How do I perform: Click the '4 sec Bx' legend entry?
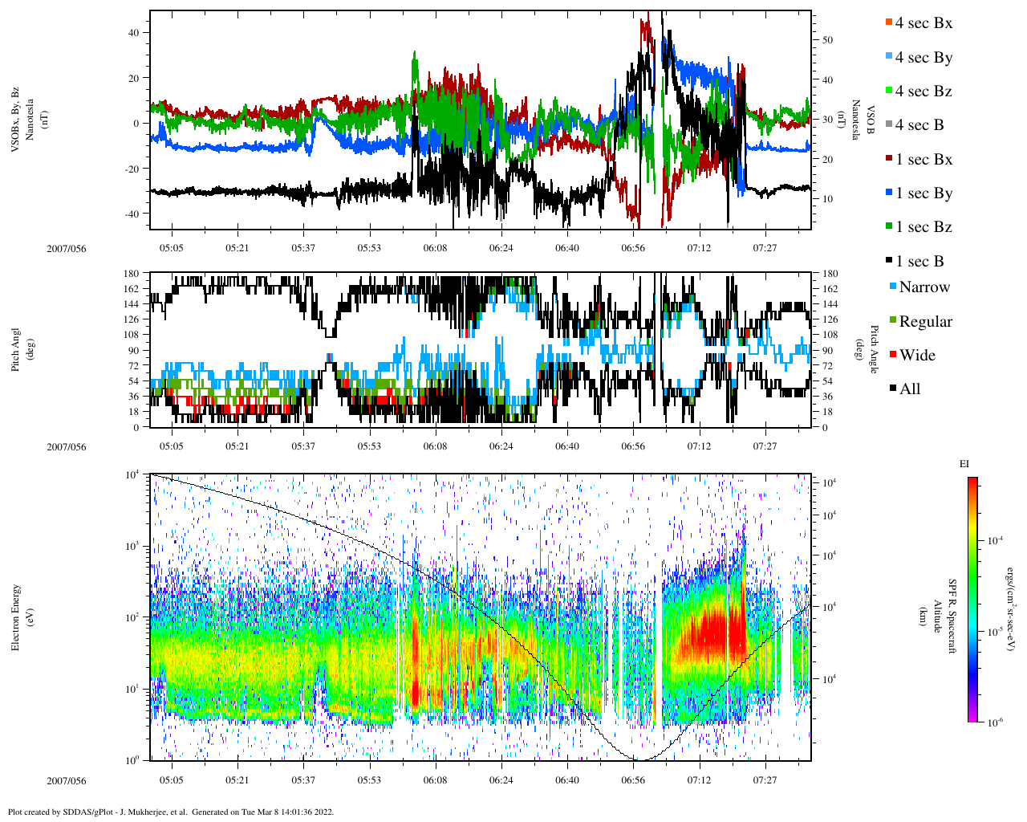coord(923,23)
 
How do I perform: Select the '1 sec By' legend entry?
coord(923,193)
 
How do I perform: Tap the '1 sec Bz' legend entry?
coord(923,227)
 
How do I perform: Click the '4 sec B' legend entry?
coord(919,125)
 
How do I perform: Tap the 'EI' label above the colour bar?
coord(964,464)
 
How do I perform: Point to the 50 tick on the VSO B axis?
coord(827,40)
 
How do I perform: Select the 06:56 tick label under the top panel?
coord(633,249)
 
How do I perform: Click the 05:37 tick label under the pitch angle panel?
coord(303,447)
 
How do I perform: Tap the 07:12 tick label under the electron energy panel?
coord(699,780)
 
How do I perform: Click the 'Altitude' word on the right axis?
coord(936,616)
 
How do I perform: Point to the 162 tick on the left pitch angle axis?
coord(132,289)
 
